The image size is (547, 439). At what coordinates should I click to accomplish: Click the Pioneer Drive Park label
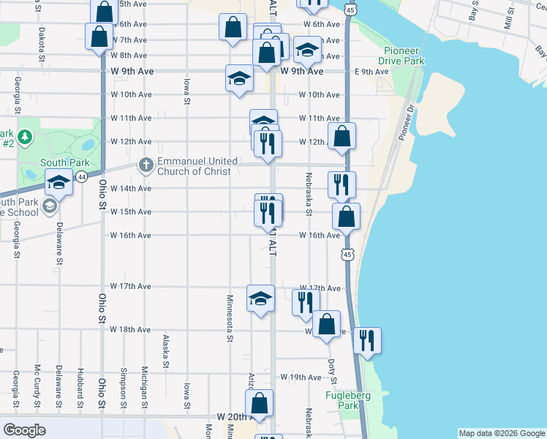coord(403,56)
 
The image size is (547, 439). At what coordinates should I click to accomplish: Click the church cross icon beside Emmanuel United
coord(146,165)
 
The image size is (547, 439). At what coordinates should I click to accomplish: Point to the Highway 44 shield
coord(81,177)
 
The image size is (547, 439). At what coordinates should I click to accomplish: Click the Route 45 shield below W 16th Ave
coord(347,253)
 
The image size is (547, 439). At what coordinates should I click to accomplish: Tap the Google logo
coord(26,429)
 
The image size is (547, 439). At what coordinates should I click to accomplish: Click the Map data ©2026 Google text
coord(501,433)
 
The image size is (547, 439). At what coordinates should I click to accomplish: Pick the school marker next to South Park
coord(59,182)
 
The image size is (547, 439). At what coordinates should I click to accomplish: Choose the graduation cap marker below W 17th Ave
coord(260,298)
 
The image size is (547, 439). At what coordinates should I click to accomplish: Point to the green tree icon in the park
coord(25,137)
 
